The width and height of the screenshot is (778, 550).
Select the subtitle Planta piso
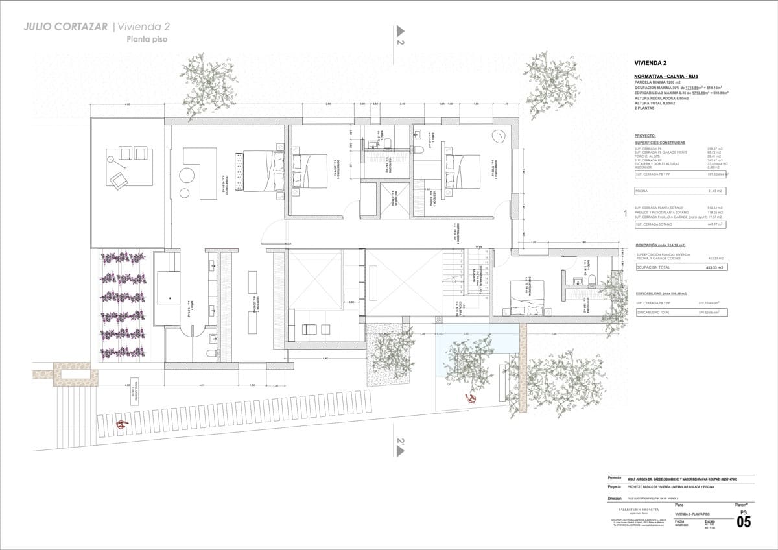147,39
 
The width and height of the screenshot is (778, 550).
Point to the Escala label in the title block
710,521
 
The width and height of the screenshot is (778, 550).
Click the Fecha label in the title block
679,521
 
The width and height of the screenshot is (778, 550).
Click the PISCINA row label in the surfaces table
643,191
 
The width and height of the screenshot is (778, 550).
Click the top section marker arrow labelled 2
400,31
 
